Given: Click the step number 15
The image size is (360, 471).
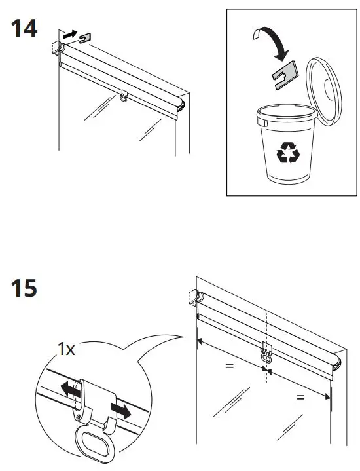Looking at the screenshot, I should coord(23,288).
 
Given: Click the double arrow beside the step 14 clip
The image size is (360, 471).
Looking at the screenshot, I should coord(69,33).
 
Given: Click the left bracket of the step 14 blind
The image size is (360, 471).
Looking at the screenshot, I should coord(56,47).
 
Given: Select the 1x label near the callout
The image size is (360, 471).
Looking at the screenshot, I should coord(66,350).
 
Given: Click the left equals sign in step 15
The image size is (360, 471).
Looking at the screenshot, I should coord(229,366).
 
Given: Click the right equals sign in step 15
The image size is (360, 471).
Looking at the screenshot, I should coord(300,397).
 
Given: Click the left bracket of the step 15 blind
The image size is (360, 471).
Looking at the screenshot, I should coord(194,298).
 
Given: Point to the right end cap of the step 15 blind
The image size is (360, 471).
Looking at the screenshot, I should coord(337,362).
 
